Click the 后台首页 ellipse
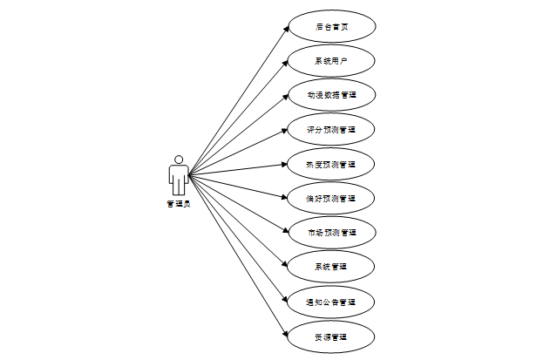(331, 26)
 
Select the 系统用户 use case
(331, 60)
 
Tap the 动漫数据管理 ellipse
(331, 95)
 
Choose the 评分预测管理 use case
(331, 129)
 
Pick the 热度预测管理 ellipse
(331, 164)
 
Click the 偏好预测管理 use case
(331, 198)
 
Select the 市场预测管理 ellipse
(331, 233)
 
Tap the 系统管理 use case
(331, 267)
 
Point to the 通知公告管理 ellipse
(331, 302)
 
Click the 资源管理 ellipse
(331, 336)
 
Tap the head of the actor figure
(178, 160)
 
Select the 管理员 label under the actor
(178, 204)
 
